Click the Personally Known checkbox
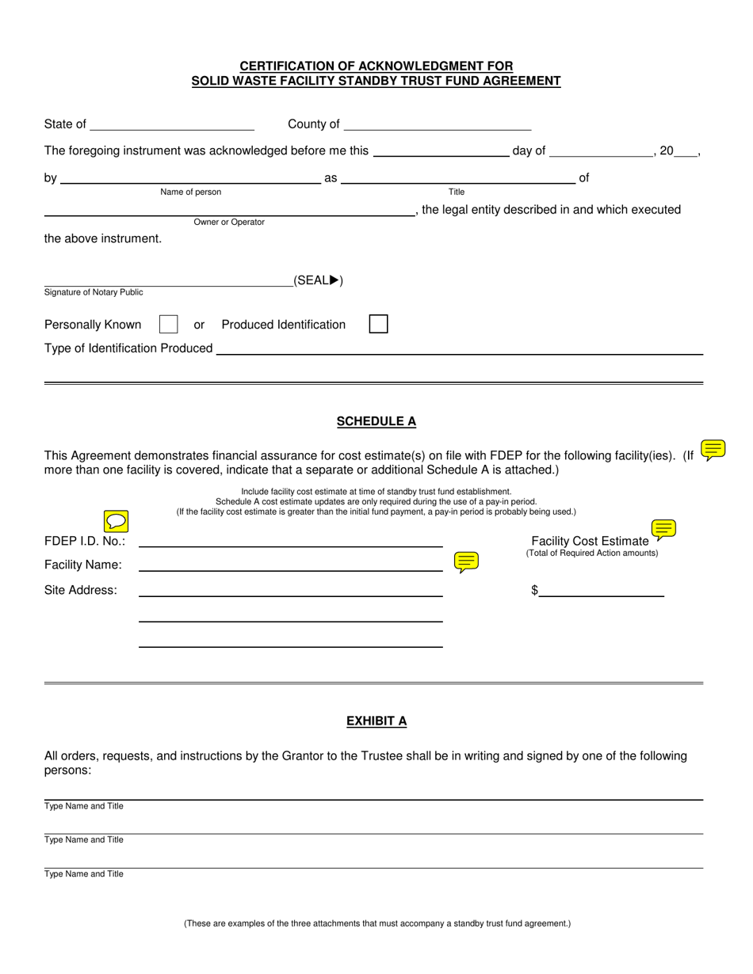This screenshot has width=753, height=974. [x=168, y=324]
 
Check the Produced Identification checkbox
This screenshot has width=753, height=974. [x=379, y=324]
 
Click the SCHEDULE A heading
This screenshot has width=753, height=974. [x=376, y=421]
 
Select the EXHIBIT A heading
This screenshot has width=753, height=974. [x=376, y=721]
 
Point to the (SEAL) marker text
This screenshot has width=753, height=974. [x=318, y=280]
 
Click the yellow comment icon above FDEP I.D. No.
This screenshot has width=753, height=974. [x=117, y=522]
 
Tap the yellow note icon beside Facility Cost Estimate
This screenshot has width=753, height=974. [x=663, y=530]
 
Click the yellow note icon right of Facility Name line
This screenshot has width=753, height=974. [x=466, y=562]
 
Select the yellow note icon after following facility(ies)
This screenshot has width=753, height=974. [x=713, y=450]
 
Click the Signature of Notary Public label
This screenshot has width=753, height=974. [x=94, y=292]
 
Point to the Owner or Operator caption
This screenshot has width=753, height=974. [x=229, y=222]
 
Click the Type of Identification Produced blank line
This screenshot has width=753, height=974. [x=460, y=348]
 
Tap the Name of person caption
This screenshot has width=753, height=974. [x=191, y=192]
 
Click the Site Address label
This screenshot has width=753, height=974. [x=81, y=590]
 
